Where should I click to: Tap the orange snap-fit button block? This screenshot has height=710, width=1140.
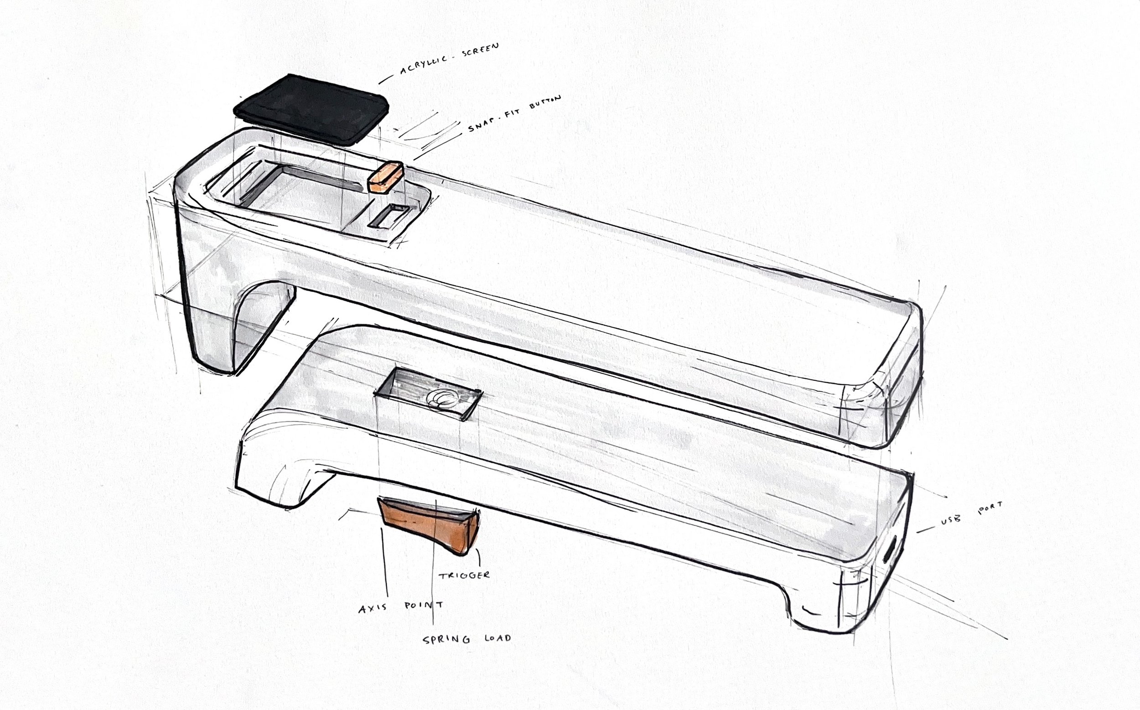[385, 177]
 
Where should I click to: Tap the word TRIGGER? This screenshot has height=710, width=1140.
[464, 575]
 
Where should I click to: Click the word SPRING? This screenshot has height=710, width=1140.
[446, 640]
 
